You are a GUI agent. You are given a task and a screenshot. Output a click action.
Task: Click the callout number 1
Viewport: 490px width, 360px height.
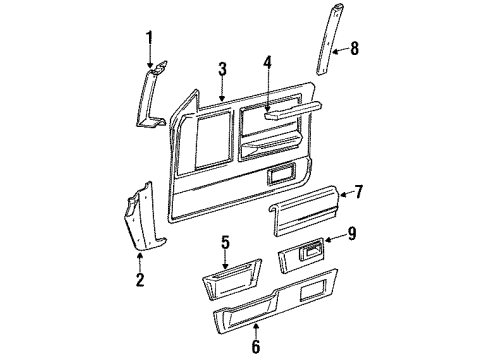[149, 39]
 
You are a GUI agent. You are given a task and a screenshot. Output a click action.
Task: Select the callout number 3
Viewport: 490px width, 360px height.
[222, 69]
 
